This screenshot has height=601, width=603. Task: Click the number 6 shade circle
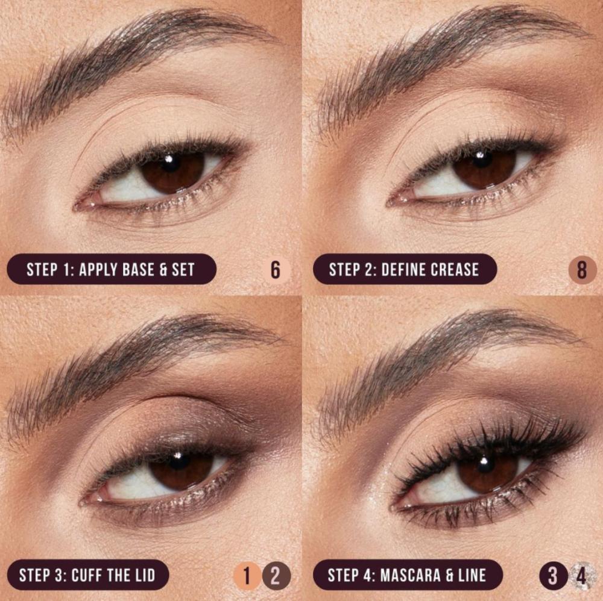[x=276, y=270]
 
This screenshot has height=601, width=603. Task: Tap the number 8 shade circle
[x=582, y=270]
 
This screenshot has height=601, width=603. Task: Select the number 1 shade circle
[x=247, y=576]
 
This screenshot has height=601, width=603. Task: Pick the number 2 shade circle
[x=276, y=576]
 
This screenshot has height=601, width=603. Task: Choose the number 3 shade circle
[x=553, y=576]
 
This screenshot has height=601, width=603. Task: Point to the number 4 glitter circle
[x=582, y=576]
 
